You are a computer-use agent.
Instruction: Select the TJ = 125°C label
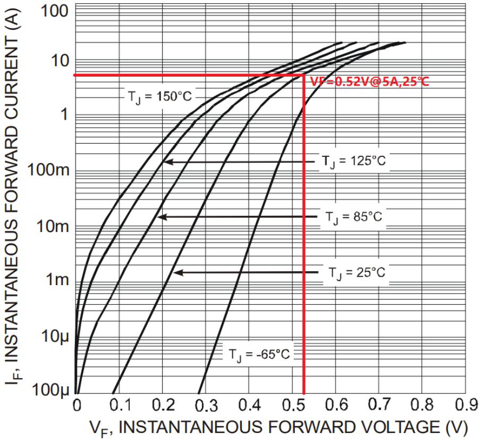click(x=353, y=161)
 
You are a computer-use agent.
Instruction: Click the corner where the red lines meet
click(x=303, y=75)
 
